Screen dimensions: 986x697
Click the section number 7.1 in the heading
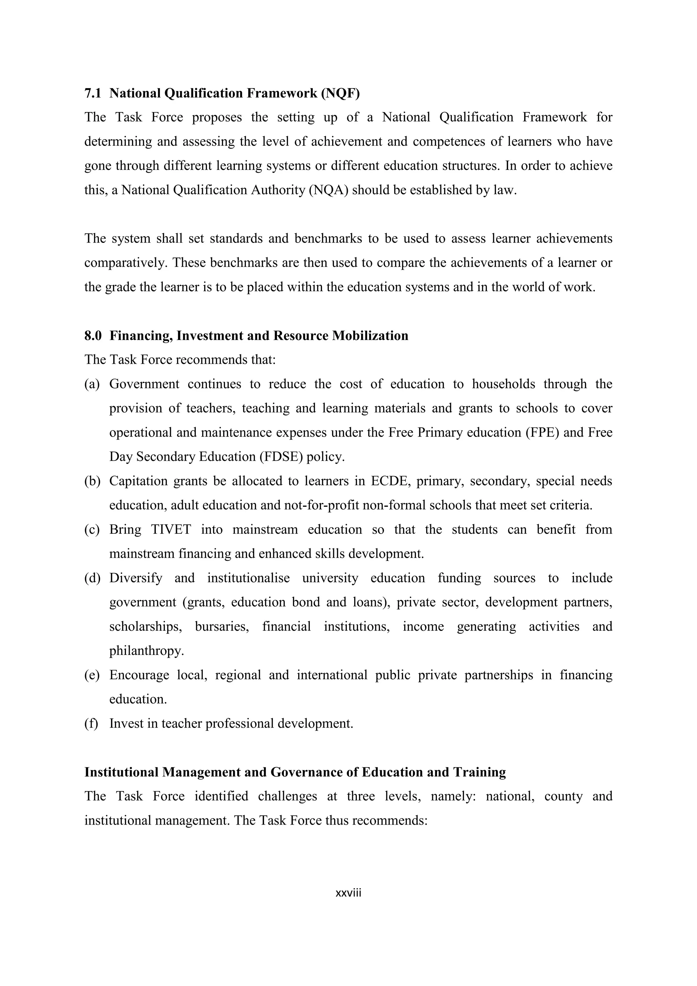tap(92, 93)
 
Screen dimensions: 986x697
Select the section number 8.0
tap(93, 335)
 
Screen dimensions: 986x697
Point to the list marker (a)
tap(92, 384)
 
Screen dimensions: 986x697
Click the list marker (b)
tap(92, 481)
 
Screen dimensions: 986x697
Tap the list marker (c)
tap(92, 530)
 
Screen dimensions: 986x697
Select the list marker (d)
tap(92, 578)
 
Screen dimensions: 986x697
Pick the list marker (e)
tap(92, 675)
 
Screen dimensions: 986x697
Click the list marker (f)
tap(91, 724)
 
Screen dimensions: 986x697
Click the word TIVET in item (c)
tap(171, 530)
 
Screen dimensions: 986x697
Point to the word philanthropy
tap(146, 651)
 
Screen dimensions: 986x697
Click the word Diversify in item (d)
tap(136, 578)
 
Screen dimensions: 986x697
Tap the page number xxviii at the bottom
tap(348, 893)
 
